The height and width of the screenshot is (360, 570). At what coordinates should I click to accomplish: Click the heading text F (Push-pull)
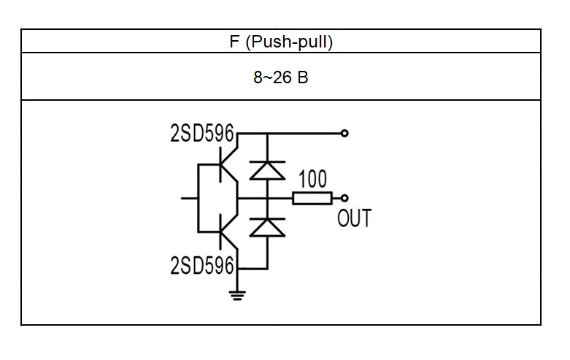[281, 42]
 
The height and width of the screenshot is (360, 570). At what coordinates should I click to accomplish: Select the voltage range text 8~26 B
[281, 77]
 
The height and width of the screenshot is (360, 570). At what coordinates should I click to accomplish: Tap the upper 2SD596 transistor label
[201, 133]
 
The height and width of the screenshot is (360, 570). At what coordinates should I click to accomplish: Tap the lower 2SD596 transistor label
[201, 265]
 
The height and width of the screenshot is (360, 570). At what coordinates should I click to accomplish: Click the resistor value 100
[312, 179]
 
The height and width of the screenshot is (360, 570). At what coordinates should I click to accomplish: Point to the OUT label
[354, 218]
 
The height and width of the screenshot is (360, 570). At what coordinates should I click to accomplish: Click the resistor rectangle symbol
[312, 198]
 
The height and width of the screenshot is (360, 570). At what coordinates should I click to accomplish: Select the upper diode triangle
[267, 171]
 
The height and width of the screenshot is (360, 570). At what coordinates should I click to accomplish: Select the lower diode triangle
[267, 228]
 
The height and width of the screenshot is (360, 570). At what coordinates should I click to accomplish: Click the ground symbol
[237, 296]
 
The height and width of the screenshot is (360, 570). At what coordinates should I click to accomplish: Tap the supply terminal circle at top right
[344, 134]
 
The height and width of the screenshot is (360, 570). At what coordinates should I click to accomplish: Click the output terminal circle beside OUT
[344, 198]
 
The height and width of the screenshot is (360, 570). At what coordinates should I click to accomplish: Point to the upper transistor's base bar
[220, 164]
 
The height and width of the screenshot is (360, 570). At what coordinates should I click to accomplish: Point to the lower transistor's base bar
[220, 231]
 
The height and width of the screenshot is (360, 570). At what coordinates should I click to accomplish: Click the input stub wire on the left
[190, 198]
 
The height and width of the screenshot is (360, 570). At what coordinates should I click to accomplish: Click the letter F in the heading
[234, 42]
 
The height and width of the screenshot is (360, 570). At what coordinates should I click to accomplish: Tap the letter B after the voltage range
[303, 77]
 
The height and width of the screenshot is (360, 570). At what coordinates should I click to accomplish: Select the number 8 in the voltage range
[258, 77]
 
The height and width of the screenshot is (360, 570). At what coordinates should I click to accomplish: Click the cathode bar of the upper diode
[267, 162]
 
